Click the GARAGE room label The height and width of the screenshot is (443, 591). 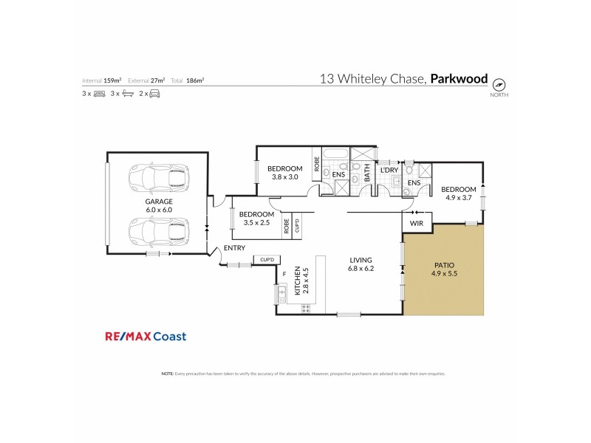pyautogui.click(x=158, y=202)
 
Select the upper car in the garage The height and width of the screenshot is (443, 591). pyautogui.click(x=157, y=177)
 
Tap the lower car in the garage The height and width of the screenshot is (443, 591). pyautogui.click(x=157, y=230)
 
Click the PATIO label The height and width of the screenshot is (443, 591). pyautogui.click(x=443, y=265)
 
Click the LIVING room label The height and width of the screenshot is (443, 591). pyautogui.click(x=361, y=260)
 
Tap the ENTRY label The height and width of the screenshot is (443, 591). pyautogui.click(x=234, y=248)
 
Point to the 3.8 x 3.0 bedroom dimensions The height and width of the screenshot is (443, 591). pyautogui.click(x=284, y=177)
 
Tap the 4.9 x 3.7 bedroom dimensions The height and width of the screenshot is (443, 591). pyautogui.click(x=459, y=197)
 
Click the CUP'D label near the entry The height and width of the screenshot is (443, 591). pyautogui.click(x=267, y=259)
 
